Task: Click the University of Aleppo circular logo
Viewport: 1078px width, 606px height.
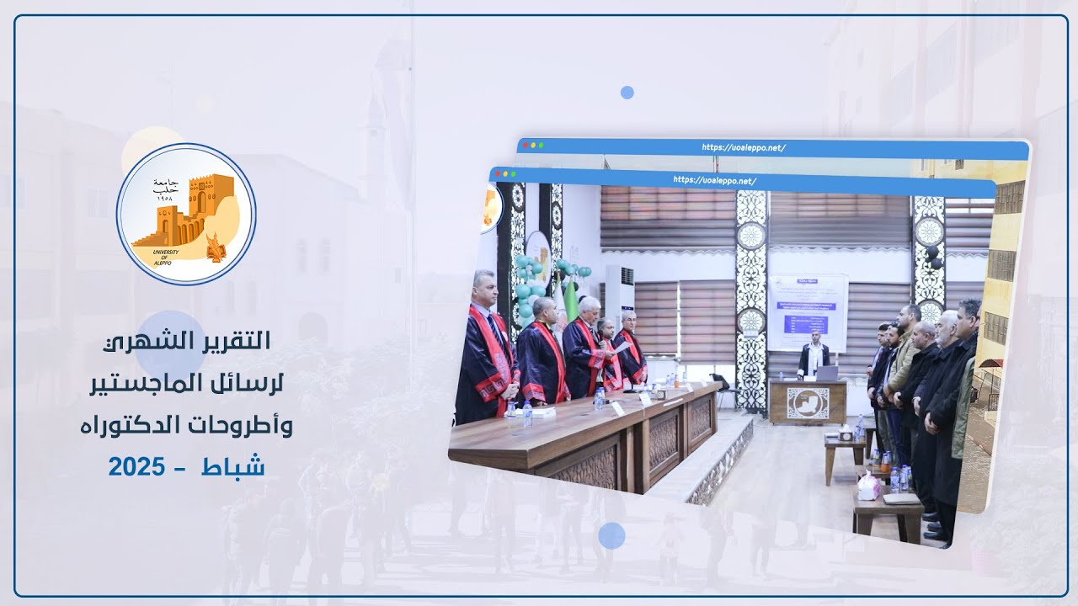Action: [x=186, y=214]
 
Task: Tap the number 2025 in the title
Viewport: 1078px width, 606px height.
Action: [x=136, y=465]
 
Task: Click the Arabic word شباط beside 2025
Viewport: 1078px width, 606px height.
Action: [x=233, y=465]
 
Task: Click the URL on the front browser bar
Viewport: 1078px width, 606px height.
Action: [x=714, y=180]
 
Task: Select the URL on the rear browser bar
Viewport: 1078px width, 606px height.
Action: [x=744, y=148]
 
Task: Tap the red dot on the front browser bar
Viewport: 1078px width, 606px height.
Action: [x=499, y=175]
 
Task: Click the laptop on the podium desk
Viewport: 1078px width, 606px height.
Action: [x=828, y=373]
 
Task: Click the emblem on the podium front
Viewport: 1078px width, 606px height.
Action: [x=808, y=403]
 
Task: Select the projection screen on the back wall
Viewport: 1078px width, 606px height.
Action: [x=807, y=311]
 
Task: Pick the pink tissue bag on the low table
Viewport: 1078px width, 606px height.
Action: [x=867, y=486]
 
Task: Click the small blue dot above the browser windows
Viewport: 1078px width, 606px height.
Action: [x=627, y=93]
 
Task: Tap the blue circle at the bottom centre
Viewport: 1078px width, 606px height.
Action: [x=611, y=535]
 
